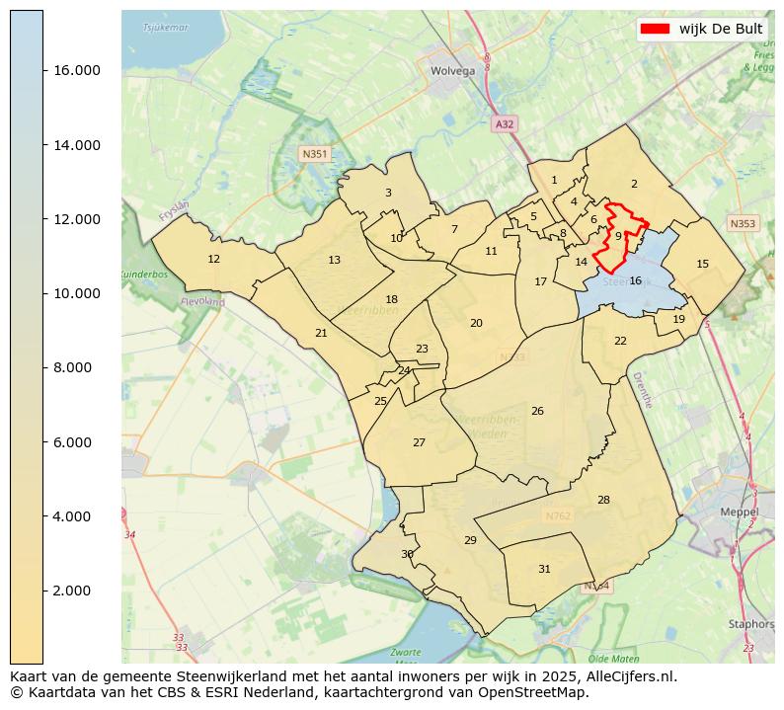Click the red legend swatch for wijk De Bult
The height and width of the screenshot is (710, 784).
(x=655, y=29)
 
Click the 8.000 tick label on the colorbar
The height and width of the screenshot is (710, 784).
(x=76, y=367)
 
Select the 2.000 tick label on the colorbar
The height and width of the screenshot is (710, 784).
(x=76, y=591)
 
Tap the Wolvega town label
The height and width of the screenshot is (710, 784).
(x=452, y=71)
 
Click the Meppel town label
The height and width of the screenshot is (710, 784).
(x=739, y=513)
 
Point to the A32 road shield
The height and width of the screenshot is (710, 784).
(x=504, y=123)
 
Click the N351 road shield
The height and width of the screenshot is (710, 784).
(x=314, y=154)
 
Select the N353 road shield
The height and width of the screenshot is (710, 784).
(x=742, y=223)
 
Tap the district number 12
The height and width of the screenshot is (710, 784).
(x=213, y=259)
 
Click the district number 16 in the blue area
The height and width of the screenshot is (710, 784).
(x=635, y=280)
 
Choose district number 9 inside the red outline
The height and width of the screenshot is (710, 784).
(x=617, y=236)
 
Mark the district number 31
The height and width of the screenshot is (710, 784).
(x=544, y=569)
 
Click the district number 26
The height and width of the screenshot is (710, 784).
(x=537, y=411)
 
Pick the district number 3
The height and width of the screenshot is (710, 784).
(x=388, y=193)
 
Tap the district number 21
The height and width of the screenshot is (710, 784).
(x=321, y=333)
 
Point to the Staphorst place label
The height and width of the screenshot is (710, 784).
(x=750, y=624)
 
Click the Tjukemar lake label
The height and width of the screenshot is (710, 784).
(x=165, y=27)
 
